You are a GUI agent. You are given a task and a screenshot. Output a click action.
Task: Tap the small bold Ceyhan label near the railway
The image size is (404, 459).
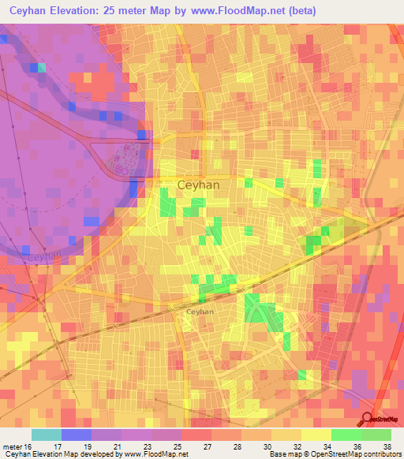pyautogui.click(x=200, y=312)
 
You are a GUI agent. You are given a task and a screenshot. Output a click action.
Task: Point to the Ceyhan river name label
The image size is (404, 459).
pyautogui.click(x=43, y=256)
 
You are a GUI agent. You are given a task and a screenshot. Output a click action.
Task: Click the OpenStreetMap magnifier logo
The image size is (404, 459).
pyautogui.click(x=368, y=418)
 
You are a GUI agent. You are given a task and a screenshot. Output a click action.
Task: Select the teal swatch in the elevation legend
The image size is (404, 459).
pyautogui.click(x=46, y=435)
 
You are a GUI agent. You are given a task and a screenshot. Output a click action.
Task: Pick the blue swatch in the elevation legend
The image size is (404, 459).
pyautogui.click(x=76, y=435)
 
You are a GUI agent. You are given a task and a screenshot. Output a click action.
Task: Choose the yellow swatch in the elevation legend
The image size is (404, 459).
pyautogui.click(x=316, y=435)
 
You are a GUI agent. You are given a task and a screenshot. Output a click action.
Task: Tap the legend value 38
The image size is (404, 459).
pyautogui.click(x=385, y=446)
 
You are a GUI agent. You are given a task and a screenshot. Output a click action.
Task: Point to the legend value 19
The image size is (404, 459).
pyautogui.click(x=88, y=446)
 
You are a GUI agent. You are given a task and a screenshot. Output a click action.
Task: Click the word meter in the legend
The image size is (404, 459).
pyautogui.click(x=14, y=446)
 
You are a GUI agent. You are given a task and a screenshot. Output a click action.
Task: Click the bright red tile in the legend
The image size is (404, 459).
pyautogui.click(x=196, y=435)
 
